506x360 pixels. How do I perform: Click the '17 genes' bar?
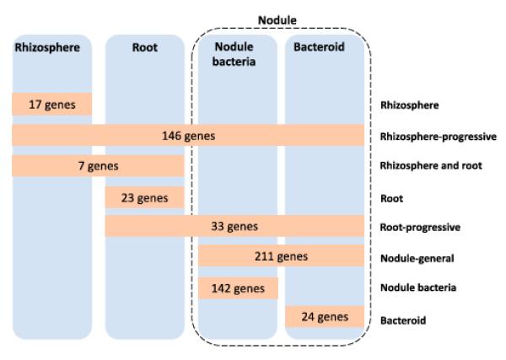(51, 105)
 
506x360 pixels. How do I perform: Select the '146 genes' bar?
(188, 135)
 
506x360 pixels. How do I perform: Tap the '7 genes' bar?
(97, 166)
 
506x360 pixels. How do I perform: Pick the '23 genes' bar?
(144, 198)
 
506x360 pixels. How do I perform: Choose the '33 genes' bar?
(234, 226)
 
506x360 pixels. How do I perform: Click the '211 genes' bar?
(281, 256)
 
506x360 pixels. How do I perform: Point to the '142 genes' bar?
(238, 288)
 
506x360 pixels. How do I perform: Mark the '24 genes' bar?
(324, 318)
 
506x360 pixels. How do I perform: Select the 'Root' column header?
(144, 47)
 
